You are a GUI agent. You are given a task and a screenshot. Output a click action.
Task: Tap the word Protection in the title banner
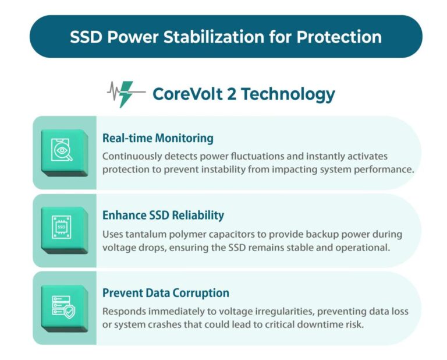339,37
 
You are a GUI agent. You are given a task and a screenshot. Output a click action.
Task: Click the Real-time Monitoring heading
158,138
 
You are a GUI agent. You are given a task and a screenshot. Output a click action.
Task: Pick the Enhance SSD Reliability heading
163,215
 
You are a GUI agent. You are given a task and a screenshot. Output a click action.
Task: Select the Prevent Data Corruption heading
166,292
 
